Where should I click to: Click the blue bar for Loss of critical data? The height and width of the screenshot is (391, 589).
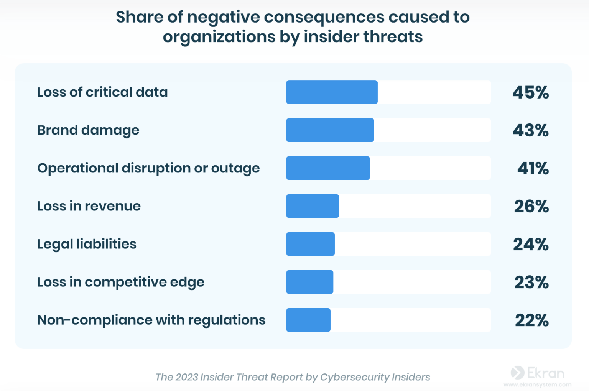pos(332,92)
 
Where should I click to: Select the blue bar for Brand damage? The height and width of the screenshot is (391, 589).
pos(330,130)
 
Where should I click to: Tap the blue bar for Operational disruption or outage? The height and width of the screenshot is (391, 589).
pos(328,168)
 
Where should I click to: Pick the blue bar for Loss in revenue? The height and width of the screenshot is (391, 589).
pos(312,206)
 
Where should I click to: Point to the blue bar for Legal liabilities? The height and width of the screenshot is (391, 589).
pos(310,244)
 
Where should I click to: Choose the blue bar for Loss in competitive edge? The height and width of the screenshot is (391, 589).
pos(309,282)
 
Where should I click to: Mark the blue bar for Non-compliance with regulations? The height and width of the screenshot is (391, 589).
pos(308,320)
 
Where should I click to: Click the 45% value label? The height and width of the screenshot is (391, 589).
pos(530,92)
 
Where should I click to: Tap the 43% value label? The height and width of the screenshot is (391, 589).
pos(530,130)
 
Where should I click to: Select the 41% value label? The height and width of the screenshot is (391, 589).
pos(533,168)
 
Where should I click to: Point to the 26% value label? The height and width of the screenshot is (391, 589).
pos(531,206)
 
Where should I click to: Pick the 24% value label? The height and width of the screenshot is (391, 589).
pos(531,244)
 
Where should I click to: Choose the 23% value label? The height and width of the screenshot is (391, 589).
pos(531,282)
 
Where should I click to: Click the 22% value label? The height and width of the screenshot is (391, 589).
pos(531,320)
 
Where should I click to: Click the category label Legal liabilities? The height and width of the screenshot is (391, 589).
pos(87,244)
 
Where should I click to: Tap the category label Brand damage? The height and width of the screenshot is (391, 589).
pos(88,130)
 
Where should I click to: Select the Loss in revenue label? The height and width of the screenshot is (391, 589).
pos(89,206)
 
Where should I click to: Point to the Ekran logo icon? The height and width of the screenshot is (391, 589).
pos(517,373)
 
